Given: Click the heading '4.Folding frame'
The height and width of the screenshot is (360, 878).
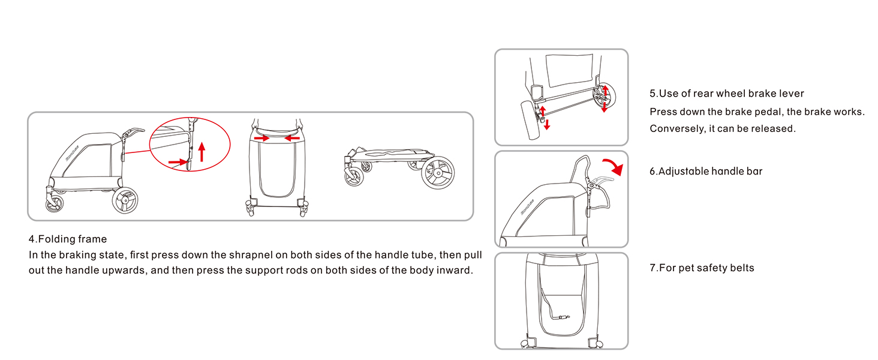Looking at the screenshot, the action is point(67,239).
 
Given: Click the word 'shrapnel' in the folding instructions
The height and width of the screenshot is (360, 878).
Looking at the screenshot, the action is point(251,255).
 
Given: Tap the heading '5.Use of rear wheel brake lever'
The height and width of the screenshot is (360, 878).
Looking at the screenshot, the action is point(726,94).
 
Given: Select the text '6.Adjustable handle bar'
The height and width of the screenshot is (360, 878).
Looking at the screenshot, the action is point(705,172).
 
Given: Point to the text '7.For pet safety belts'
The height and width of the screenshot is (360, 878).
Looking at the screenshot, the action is point(702,268).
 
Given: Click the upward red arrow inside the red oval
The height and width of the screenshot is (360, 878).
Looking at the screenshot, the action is point(202,152).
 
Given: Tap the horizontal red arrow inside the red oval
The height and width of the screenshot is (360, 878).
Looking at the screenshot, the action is point(178,161).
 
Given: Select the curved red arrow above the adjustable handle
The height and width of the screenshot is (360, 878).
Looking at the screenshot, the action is point(614,167).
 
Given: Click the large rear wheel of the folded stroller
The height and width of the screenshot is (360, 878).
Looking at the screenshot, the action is point(438,173).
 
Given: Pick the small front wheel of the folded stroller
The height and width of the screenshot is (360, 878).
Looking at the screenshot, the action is point(354,177).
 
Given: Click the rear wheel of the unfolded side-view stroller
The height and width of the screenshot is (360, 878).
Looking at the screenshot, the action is point(125,200).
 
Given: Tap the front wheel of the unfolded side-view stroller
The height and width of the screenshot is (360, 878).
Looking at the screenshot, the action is point(55,203).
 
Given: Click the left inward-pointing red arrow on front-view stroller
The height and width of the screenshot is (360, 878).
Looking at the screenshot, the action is point(261,138).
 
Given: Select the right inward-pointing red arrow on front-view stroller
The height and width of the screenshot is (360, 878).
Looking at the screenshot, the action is point(293,138).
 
